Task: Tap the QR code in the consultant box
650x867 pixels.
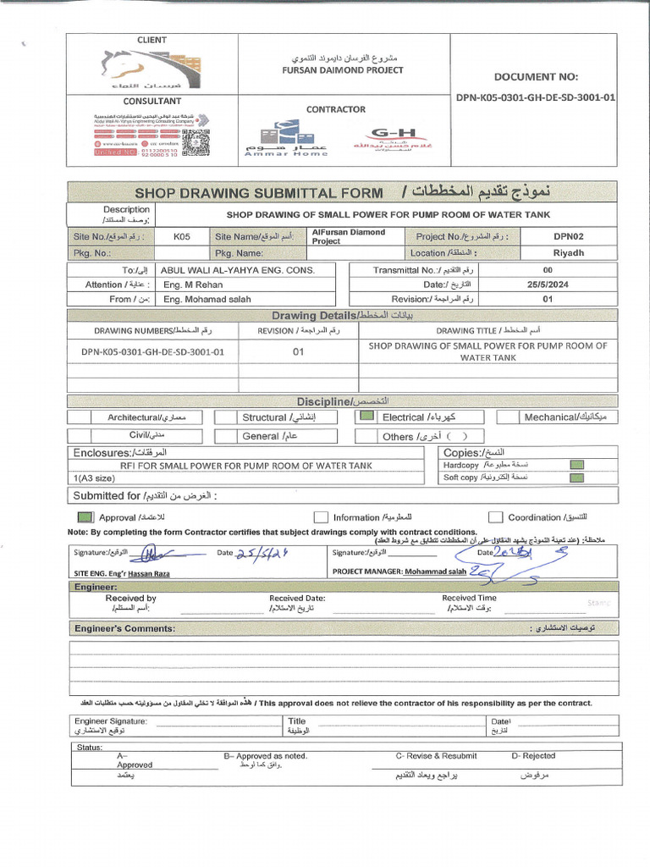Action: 196,140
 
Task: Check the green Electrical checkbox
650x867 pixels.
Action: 366,417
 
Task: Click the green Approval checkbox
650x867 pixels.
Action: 85,516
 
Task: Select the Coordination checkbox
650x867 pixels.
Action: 494,516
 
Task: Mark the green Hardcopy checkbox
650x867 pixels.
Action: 576,465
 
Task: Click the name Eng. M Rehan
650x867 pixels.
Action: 195,284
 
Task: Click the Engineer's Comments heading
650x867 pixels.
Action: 124,628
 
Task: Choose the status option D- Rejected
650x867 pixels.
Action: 533,755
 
